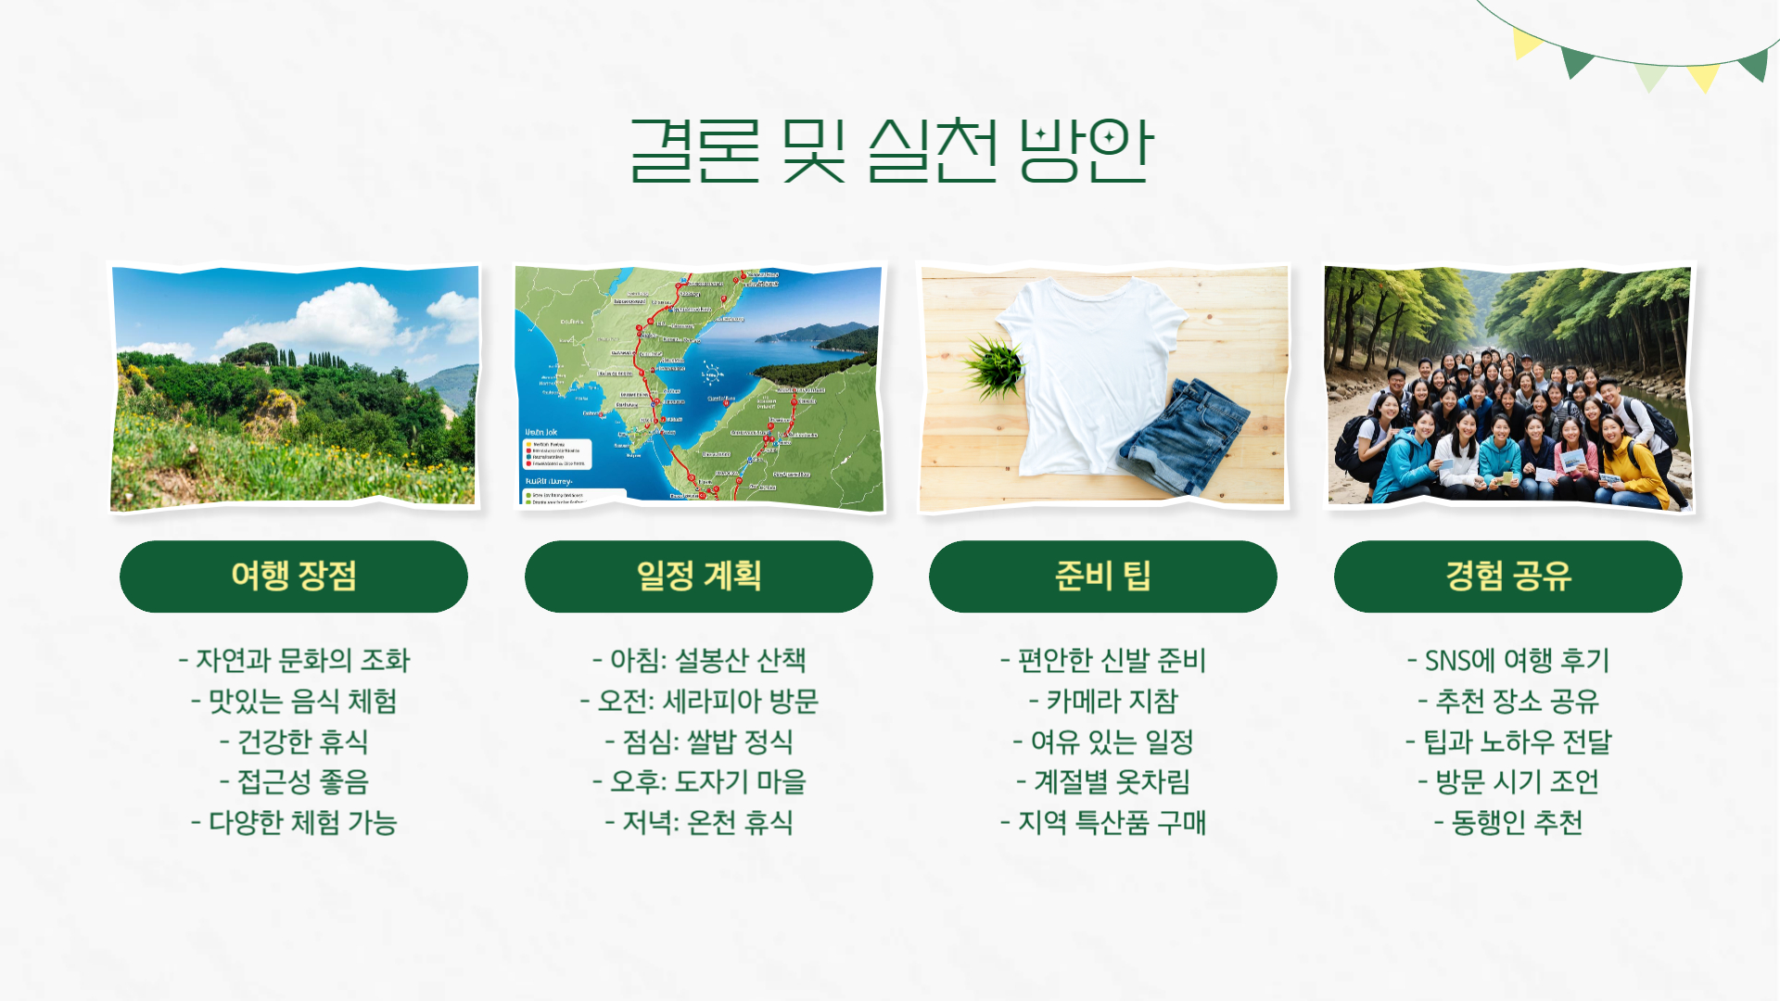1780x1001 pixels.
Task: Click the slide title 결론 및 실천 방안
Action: tap(890, 150)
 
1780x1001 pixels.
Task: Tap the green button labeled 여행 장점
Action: tap(294, 577)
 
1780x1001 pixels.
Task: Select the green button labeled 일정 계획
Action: tap(698, 577)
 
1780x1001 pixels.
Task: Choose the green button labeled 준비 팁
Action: tap(1102, 577)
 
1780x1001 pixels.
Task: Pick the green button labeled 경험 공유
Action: tap(1507, 577)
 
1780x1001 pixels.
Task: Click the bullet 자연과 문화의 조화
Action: tap(294, 660)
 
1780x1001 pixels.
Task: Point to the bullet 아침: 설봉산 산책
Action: tap(698, 660)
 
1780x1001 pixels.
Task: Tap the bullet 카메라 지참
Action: tap(1102, 701)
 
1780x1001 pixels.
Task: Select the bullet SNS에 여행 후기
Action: tap(1507, 660)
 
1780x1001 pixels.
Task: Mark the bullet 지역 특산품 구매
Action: tap(1102, 822)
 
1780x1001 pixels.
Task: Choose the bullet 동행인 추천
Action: tap(1507, 822)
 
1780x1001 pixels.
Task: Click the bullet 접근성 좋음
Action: tap(294, 781)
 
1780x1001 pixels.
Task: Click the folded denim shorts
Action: tap(1182, 436)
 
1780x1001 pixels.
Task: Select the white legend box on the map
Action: tap(557, 453)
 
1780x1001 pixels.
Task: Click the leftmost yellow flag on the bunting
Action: tap(1524, 42)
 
